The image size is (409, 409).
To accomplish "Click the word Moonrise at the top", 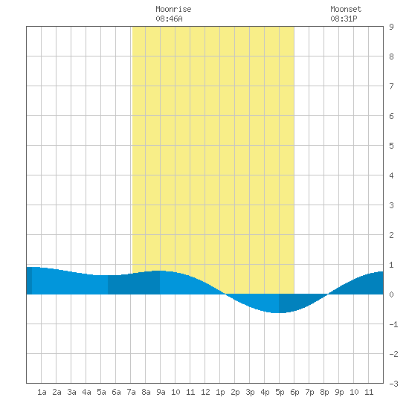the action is (173, 9).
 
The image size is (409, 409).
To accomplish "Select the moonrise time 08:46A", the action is (169, 19).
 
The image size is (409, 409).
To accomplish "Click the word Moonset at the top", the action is (346, 9).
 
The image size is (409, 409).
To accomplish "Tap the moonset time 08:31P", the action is (344, 19).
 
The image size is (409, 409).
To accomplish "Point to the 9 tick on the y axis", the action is (391, 27).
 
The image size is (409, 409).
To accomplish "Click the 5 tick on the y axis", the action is (391, 146).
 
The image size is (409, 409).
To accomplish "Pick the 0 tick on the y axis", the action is (391, 294).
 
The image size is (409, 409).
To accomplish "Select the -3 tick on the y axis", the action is (394, 384).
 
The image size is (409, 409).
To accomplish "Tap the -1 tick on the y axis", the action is (394, 324).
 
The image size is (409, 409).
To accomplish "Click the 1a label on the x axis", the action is (42, 392).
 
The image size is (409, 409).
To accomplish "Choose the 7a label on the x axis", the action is (131, 392).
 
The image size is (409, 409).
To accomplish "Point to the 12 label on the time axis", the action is (205, 392).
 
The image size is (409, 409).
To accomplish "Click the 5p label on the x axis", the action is (280, 392).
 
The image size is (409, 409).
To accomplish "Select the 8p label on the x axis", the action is (324, 392).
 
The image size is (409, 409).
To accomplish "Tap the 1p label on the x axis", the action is (220, 392).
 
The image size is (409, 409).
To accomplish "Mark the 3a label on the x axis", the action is (71, 392).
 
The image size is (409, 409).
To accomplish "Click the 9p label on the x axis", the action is (339, 392).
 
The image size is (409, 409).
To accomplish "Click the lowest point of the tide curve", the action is (277, 312).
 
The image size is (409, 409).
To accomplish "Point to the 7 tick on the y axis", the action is (391, 86).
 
